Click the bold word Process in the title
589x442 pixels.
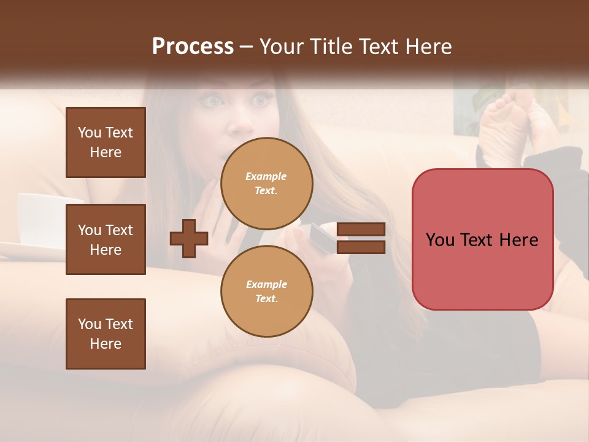tap(193, 46)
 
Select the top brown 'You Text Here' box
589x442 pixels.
tap(106, 142)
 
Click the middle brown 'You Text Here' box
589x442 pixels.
tap(106, 239)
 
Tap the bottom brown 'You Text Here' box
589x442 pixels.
tap(106, 333)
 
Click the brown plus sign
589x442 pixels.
tap(189, 238)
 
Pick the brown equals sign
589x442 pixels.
tap(361, 238)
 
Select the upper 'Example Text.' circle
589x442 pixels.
tap(266, 184)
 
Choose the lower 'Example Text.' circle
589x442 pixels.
tap(266, 292)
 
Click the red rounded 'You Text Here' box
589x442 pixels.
tap(482, 239)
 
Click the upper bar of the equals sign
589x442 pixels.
tap(361, 230)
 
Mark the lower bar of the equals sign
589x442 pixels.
tap(361, 247)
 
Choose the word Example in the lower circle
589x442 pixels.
tap(266, 284)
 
